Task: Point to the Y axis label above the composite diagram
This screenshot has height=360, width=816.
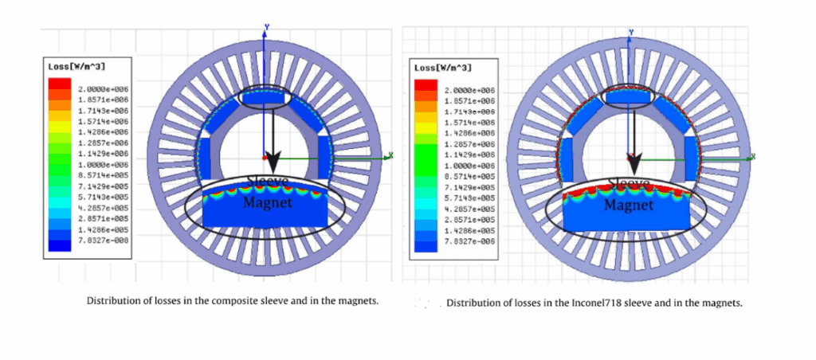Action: tap(268, 26)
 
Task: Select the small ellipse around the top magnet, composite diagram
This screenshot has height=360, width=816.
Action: tap(265, 96)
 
